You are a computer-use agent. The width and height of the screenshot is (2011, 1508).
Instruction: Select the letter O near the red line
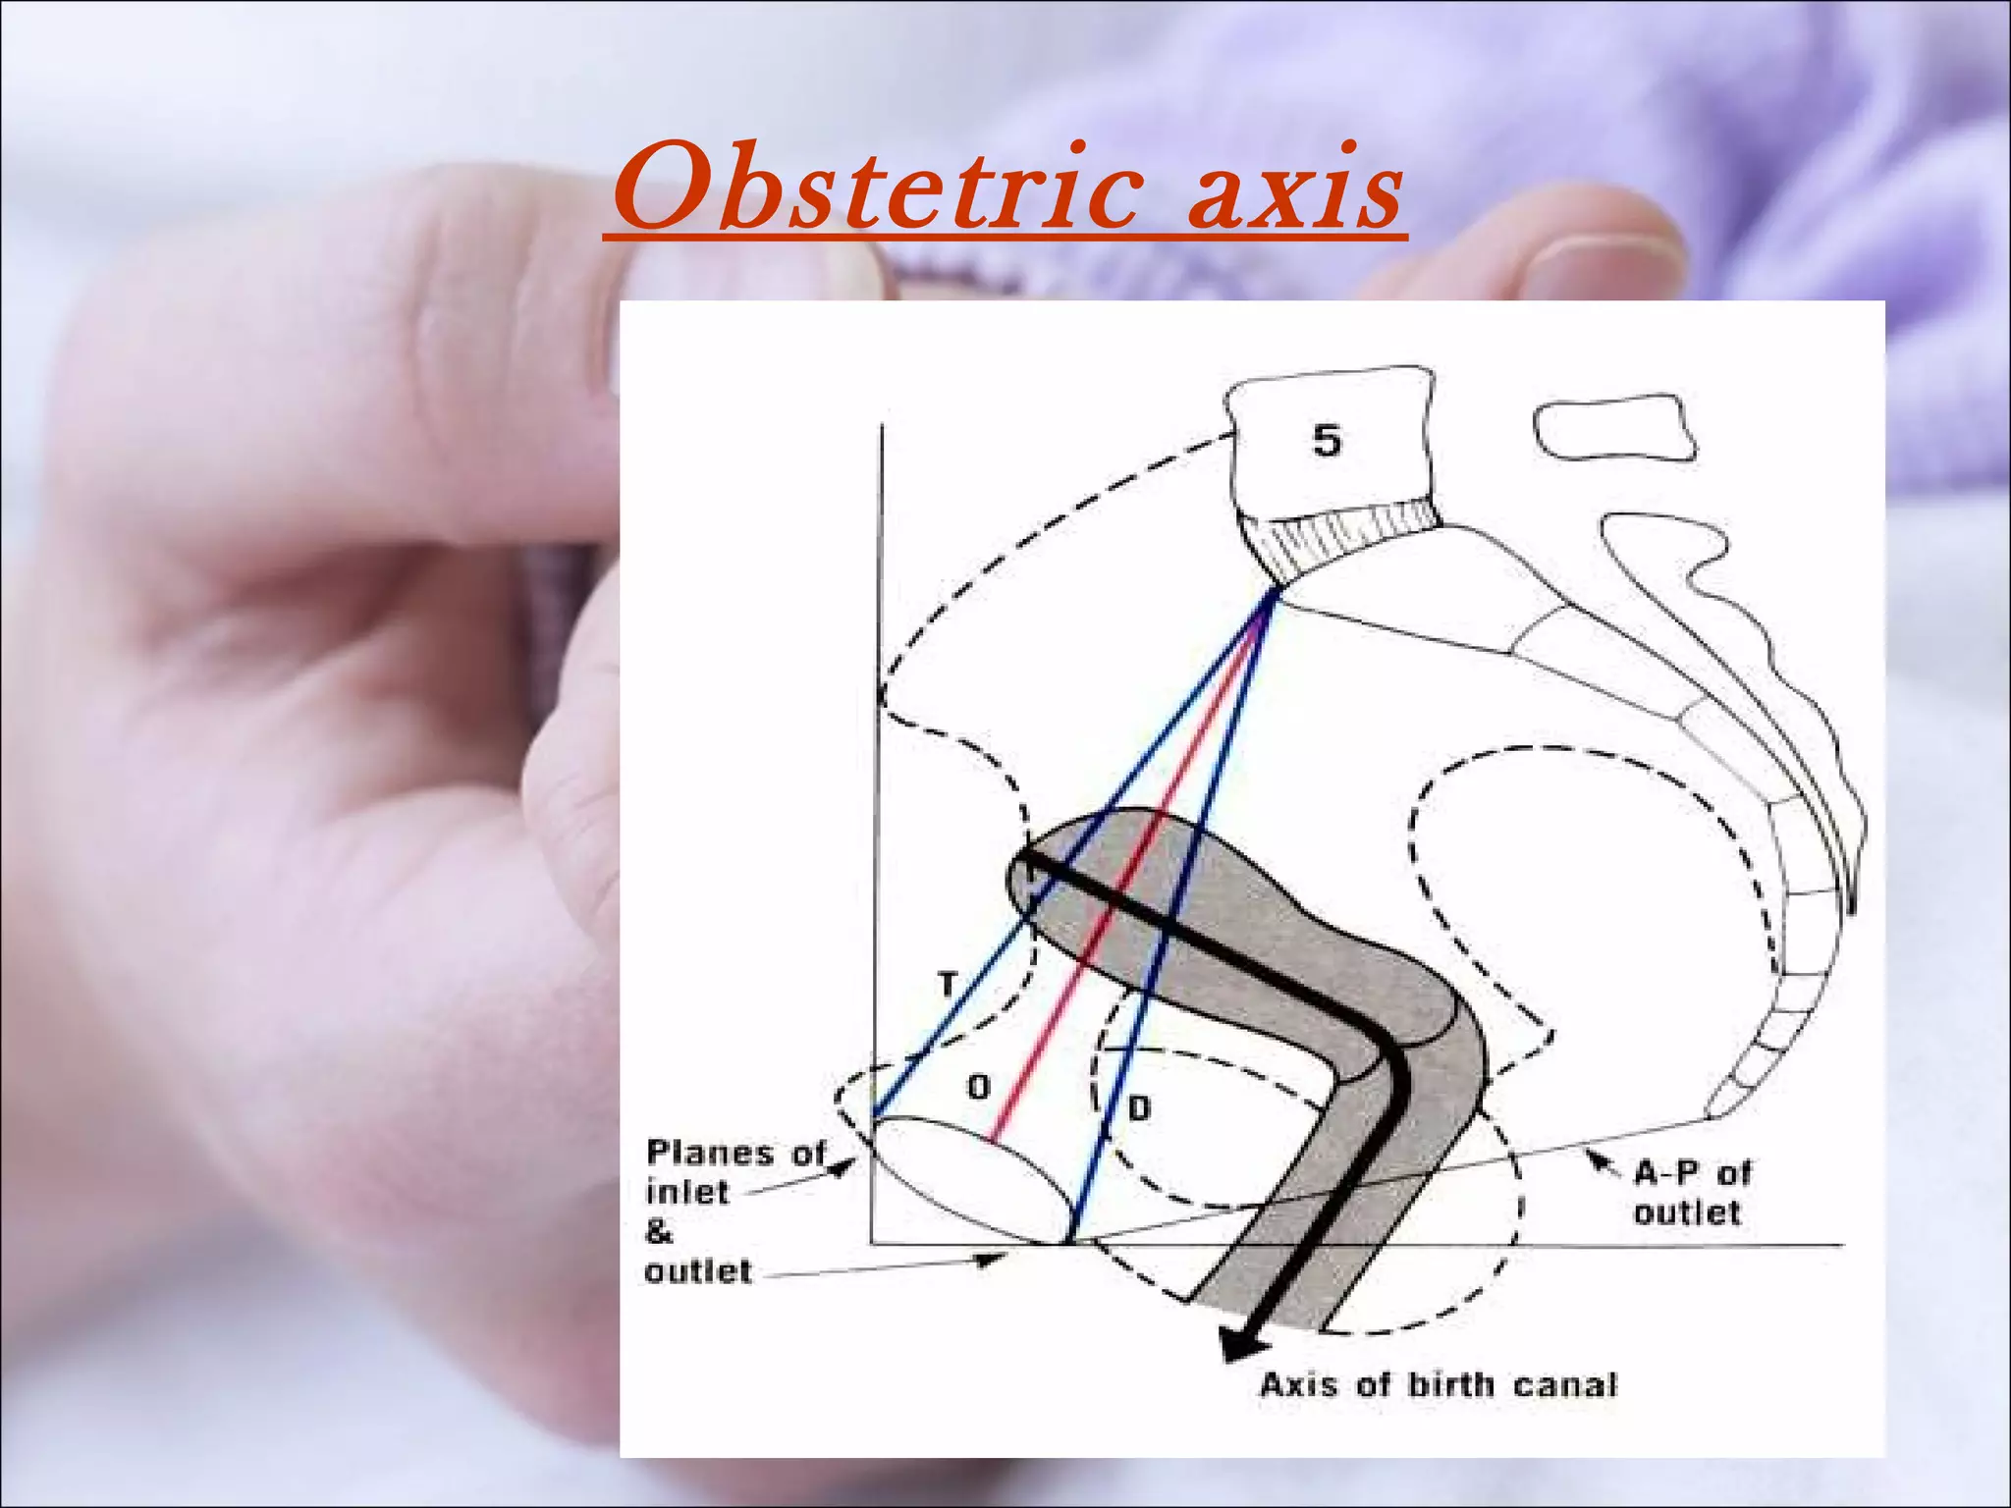[978, 1087]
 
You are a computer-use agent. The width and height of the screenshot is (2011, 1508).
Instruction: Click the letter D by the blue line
[1137, 1109]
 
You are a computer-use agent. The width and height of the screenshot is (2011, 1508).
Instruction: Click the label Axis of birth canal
[1438, 1385]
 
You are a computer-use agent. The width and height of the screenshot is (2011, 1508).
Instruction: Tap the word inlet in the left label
[687, 1193]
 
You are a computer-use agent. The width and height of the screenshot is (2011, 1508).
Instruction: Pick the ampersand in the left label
[659, 1231]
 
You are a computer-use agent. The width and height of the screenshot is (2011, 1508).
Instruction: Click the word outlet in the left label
[697, 1271]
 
